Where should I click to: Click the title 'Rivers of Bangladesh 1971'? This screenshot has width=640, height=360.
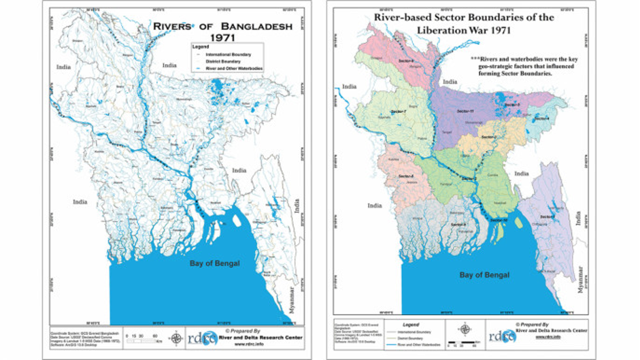(222, 32)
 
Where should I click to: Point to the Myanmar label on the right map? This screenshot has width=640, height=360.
(577, 282)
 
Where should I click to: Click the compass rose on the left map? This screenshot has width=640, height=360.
(177, 338)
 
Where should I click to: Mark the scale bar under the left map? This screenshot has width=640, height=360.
(144, 338)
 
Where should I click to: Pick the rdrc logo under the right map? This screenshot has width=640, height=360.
(501, 335)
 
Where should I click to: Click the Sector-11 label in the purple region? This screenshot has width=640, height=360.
(465, 111)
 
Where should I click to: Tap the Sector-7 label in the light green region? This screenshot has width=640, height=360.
(399, 112)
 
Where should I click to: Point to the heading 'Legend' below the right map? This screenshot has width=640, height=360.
(403, 325)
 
